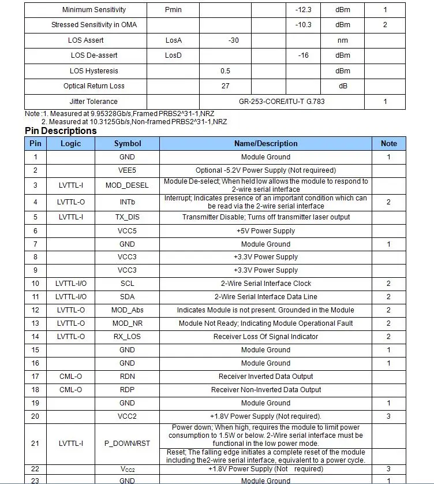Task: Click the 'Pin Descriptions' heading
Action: [61, 131]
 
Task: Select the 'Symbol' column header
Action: [128, 143]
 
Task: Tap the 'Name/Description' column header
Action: [265, 143]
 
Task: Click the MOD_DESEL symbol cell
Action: [128, 185]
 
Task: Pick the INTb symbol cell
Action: [128, 202]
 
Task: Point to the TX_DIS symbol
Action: [128, 217]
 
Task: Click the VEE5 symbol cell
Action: [128, 170]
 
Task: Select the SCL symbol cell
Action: [128, 284]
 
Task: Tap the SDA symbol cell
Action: [128, 297]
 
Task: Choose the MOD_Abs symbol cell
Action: [128, 310]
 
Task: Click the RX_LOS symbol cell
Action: [128, 337]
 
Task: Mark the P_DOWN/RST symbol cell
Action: [128, 444]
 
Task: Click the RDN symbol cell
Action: [128, 377]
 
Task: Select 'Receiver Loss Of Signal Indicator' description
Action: [265, 337]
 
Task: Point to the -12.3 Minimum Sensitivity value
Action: [303, 10]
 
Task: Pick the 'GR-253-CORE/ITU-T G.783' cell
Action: [282, 102]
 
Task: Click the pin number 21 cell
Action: [35, 444]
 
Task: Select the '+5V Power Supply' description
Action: [265, 230]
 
